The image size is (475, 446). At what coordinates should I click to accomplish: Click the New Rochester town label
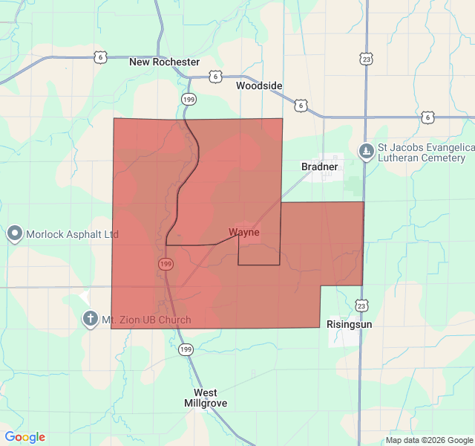point(164,62)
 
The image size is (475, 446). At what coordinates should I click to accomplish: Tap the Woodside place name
point(259,85)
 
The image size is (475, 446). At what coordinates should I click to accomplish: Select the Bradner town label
point(319,167)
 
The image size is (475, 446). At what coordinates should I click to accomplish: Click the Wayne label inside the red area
point(244,233)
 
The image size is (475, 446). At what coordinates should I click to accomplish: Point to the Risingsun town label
point(350,325)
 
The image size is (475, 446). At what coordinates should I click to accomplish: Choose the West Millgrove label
point(206,398)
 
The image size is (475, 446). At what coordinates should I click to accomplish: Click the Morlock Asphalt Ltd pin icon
point(15,234)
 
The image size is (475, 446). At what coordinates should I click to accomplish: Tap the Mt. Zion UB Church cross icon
point(90,320)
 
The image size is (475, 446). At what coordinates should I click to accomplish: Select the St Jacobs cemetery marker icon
point(366,152)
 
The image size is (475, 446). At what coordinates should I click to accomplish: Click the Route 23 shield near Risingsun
point(361,305)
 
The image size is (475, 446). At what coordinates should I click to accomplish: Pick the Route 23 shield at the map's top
point(366,58)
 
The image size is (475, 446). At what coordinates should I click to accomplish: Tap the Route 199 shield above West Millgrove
point(185,349)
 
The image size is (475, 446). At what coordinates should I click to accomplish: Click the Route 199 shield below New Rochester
point(189,98)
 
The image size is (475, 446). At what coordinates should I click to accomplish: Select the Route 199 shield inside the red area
point(165,264)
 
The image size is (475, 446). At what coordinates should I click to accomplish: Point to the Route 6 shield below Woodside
point(301,106)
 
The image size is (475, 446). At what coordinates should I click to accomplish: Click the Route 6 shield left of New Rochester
point(100,56)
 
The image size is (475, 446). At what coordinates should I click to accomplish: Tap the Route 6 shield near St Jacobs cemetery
point(427,117)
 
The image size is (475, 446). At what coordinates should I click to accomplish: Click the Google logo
point(25,437)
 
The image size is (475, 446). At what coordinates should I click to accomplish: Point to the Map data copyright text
point(428,440)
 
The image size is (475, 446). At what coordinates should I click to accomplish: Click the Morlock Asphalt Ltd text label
point(73,234)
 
